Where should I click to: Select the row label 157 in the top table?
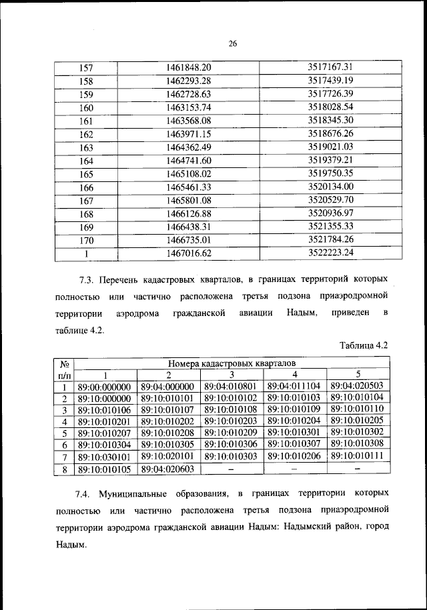[86, 68]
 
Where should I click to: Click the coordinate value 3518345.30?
[330, 120]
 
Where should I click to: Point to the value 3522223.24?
[330, 253]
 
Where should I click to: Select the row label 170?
[86, 239]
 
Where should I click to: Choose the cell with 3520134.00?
[330, 187]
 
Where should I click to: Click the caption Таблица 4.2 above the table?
[364, 345]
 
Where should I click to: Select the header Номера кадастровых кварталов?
[231, 363]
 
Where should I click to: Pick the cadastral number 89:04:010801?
[230, 386]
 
